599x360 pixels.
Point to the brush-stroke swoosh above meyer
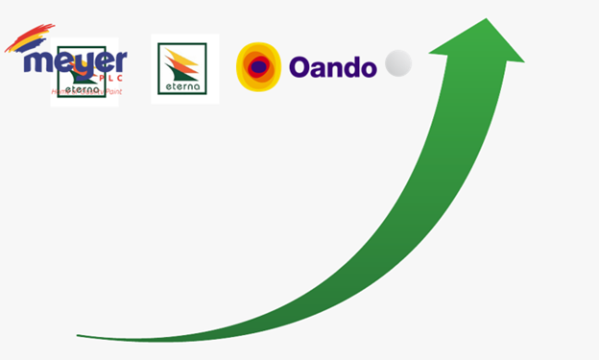click(29, 39)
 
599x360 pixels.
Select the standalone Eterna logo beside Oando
click(184, 69)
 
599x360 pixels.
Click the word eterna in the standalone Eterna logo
click(184, 86)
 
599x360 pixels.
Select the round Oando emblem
click(258, 66)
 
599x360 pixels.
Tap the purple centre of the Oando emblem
click(258, 66)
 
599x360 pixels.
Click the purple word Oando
click(332, 67)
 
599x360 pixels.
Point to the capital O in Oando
click(300, 67)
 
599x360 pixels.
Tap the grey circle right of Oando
click(398, 64)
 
